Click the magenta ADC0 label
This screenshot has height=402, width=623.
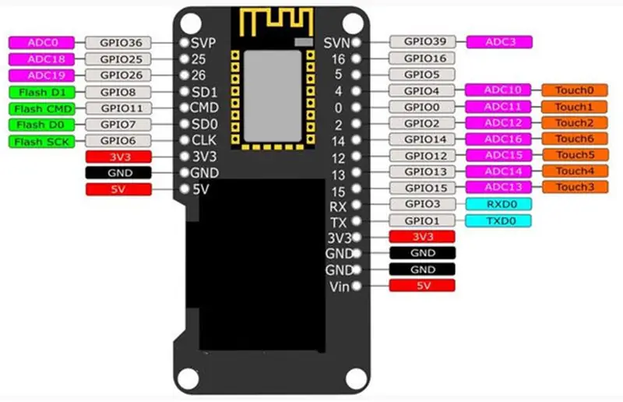click(41, 43)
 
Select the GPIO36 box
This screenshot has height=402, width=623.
click(118, 43)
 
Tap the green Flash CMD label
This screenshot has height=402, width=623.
click(41, 108)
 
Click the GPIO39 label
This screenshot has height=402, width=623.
click(422, 41)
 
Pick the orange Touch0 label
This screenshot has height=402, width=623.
click(575, 90)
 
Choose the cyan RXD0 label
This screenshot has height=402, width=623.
click(498, 204)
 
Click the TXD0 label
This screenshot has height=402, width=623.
click(498, 220)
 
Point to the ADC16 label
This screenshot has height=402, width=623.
click(498, 139)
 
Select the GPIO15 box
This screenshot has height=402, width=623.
click(422, 188)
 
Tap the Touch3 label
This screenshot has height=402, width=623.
click(575, 187)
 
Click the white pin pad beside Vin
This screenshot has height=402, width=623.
click(357, 285)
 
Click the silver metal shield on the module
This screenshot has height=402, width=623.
click(273, 97)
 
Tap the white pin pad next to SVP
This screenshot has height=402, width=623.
click(185, 43)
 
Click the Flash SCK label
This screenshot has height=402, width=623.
click(41, 142)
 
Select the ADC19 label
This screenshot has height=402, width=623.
click(41, 75)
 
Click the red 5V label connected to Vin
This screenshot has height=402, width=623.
click(422, 285)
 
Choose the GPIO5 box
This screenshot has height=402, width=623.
click(422, 74)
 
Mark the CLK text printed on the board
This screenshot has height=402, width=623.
click(204, 140)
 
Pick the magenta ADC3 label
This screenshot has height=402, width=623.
click(499, 42)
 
